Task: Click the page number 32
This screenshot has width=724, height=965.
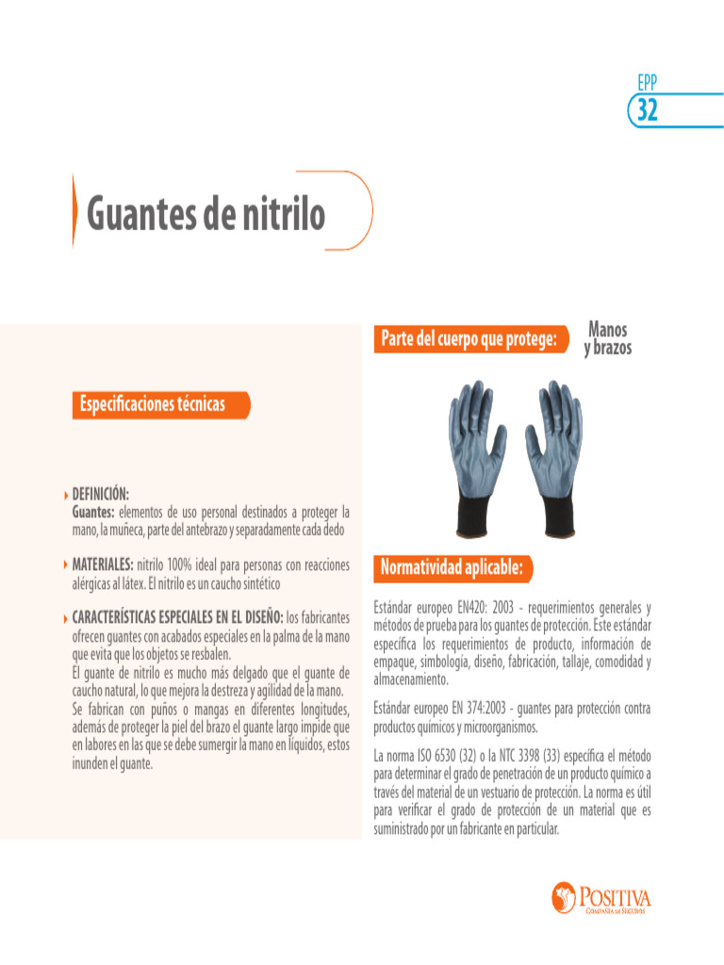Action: [x=647, y=111]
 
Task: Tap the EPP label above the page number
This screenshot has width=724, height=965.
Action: [x=647, y=84]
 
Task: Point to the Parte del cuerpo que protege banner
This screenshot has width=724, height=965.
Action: [x=469, y=338]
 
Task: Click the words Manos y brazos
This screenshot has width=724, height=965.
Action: [x=607, y=339]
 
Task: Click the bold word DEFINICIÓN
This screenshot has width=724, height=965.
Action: [x=101, y=494]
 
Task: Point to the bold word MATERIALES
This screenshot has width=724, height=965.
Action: [x=104, y=564]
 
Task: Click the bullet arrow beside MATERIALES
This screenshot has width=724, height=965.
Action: [x=65, y=565]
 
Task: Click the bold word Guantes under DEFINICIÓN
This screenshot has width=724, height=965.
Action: [x=93, y=512]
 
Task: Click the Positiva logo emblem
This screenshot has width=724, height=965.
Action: [x=563, y=896]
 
